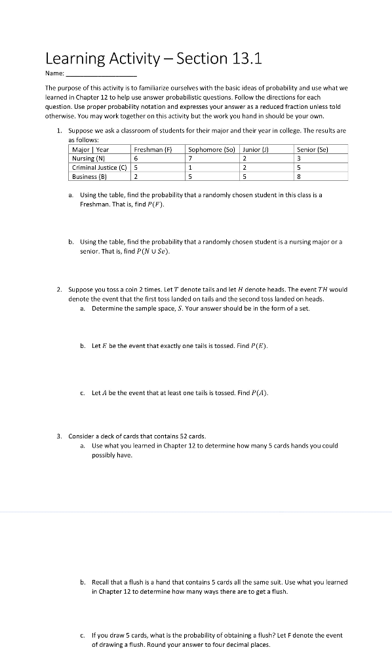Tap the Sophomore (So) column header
(x=211, y=149)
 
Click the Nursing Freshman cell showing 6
(x=136, y=158)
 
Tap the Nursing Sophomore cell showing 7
(x=189, y=158)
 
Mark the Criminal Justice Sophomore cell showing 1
(x=189, y=167)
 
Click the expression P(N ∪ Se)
(x=149, y=251)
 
